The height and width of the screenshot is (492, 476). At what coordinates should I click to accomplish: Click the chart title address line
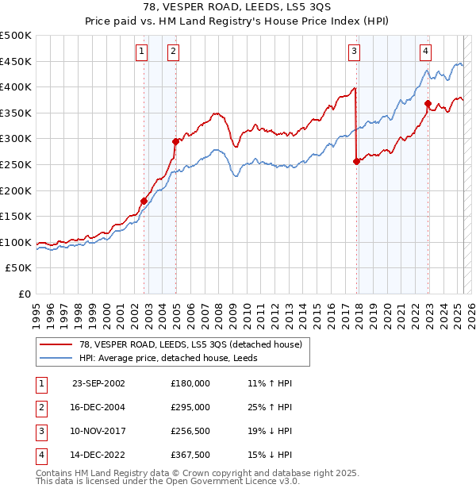click(x=237, y=8)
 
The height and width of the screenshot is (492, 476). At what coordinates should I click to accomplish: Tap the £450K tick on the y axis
click(x=16, y=61)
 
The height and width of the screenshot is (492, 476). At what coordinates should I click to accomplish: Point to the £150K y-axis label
click(x=16, y=216)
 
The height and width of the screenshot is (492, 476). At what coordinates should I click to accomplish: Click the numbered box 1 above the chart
click(x=141, y=52)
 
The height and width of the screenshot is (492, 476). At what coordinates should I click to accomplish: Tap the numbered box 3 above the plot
click(x=354, y=52)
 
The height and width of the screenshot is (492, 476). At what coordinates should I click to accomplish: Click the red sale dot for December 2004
click(x=175, y=141)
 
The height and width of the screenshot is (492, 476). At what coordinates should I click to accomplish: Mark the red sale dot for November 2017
click(x=356, y=161)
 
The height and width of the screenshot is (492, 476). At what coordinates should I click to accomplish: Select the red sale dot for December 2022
click(x=428, y=103)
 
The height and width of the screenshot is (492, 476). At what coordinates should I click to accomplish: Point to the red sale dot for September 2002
click(x=144, y=201)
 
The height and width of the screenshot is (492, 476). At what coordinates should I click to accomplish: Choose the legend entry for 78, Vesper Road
click(x=190, y=344)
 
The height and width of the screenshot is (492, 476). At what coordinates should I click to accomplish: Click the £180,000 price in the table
click(x=190, y=382)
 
